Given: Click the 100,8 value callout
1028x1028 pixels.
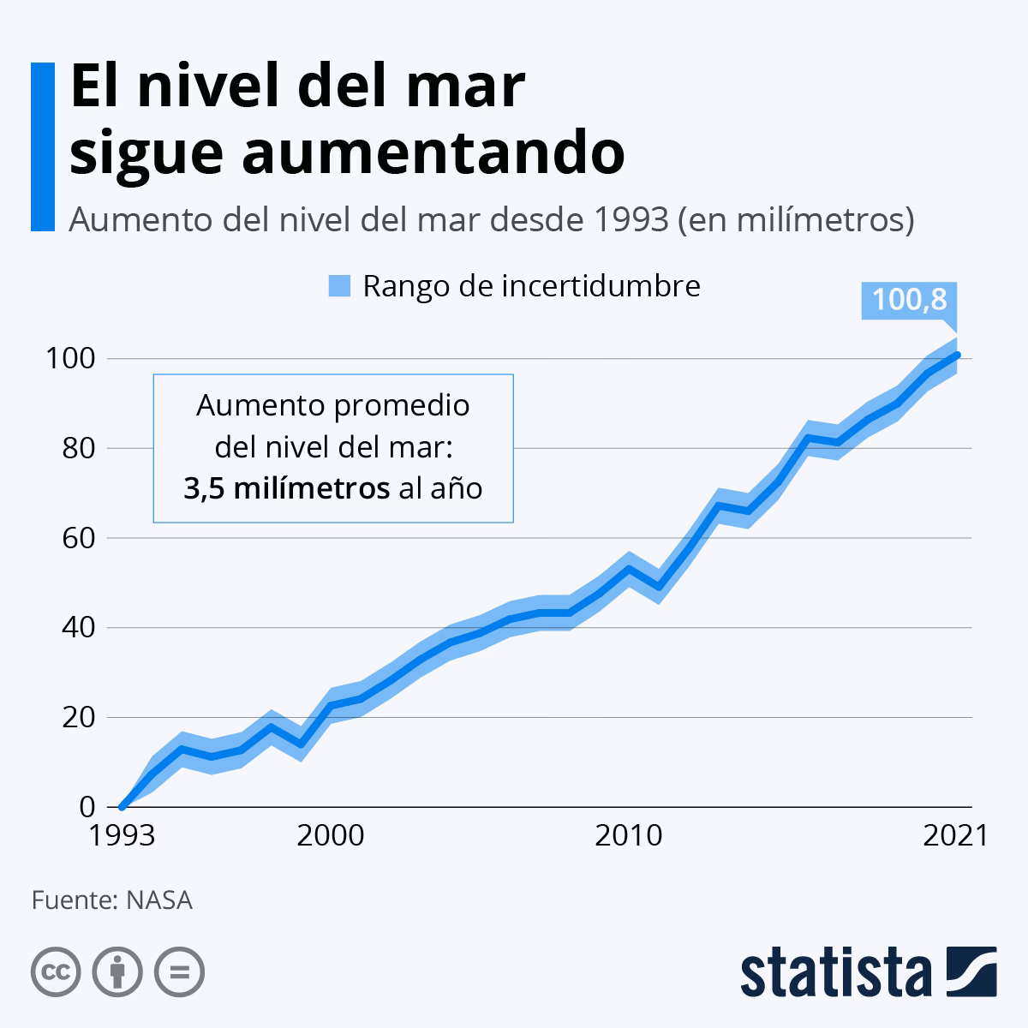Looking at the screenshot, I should [909, 300].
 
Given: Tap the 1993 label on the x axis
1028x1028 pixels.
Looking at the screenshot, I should [123, 835].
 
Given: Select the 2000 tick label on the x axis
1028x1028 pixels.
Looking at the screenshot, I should [331, 835].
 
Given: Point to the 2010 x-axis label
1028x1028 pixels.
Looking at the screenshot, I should [629, 835].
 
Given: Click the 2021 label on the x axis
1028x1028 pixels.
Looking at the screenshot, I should [955, 835].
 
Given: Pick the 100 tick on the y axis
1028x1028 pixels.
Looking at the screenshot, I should [70, 358].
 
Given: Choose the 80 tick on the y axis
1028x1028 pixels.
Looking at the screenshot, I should [77, 448].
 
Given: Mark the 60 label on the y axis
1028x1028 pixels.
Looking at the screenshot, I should [77, 538].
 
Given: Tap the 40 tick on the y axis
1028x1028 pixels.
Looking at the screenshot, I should [77, 628].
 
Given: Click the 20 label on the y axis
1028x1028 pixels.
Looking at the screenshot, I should [77, 717].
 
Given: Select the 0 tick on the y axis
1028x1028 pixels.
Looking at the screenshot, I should [87, 807].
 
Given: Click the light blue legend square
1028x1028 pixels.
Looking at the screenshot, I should [340, 286].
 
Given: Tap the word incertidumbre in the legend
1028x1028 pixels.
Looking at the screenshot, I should [601, 286].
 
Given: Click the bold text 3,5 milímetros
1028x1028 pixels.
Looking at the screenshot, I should [286, 488].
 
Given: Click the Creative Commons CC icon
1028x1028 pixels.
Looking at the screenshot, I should [56, 971].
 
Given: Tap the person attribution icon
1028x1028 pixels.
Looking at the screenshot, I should [117, 971].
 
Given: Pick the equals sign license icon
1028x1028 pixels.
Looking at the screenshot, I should [179, 971].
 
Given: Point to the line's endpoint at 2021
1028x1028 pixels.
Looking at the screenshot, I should [957, 354].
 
